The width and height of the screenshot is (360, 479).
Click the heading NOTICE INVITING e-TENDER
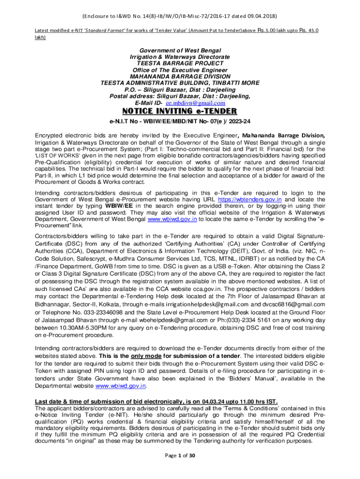tap(180, 111)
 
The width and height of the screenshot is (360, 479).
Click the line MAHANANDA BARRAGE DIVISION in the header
tap(180, 76)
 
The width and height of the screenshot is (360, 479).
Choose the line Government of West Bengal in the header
tap(180, 50)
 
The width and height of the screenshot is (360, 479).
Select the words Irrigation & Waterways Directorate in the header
tap(180, 57)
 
